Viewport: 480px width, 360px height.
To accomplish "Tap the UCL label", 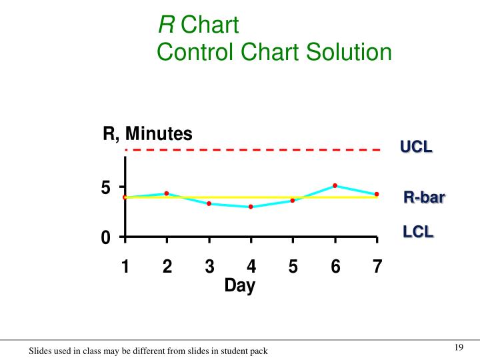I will tap(416, 147).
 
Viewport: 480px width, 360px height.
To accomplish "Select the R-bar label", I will tap(424, 198).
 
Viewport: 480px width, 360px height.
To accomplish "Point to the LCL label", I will tap(418, 232).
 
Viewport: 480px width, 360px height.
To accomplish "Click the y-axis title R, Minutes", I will tap(147, 134).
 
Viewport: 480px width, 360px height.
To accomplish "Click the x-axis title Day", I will tap(239, 285).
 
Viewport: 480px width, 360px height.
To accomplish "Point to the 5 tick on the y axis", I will tap(105, 189).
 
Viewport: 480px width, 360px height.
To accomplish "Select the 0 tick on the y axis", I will tap(105, 238).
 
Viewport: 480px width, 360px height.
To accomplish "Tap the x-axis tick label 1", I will tap(125, 267).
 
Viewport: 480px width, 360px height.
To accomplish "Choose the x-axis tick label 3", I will tap(209, 267).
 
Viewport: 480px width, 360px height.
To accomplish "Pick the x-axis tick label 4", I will tap(251, 267).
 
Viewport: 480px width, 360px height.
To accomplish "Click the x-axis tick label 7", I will tap(377, 267).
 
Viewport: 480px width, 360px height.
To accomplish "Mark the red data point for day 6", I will tap(335, 185).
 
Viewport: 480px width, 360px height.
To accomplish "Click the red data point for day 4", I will tap(251, 207).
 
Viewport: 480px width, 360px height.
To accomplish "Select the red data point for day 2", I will tap(167, 193).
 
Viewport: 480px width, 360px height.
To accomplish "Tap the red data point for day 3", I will tap(209, 203).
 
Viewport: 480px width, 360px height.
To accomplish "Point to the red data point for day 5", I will tap(293, 200).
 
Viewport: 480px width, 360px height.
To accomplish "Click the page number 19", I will tap(458, 347).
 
